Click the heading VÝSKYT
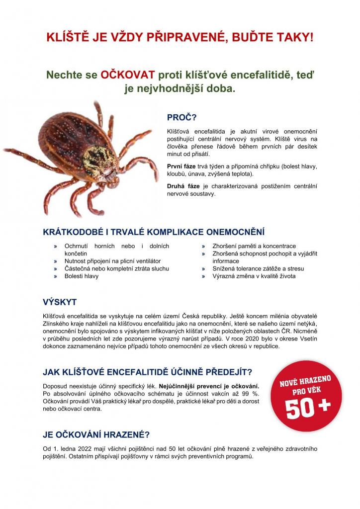pyautogui.click(x=60, y=302)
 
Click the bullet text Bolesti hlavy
pyautogui.click(x=82, y=276)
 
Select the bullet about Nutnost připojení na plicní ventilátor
pyautogui.click(x=113, y=261)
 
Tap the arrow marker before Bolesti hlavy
pyautogui.click(x=56, y=276)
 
